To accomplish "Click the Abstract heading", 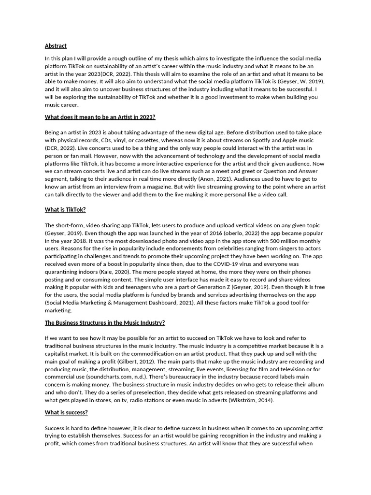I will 56,46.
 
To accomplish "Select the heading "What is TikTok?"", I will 65,209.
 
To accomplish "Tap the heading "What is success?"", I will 66,412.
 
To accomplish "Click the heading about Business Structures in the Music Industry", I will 105,322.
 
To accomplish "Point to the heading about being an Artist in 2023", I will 100,117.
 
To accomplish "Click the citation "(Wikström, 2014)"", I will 258,400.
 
